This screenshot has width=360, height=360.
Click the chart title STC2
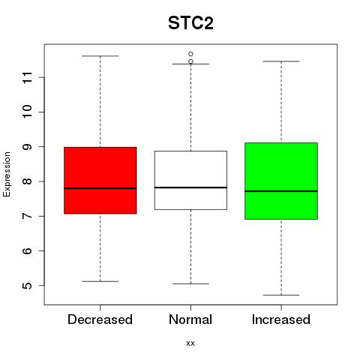tap(190, 23)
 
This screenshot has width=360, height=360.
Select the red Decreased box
tap(100, 180)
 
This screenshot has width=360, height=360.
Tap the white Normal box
tap(190, 180)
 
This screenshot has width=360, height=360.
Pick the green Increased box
tap(281, 181)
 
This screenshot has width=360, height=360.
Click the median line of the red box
tap(100, 188)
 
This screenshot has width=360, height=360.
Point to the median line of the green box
tap(281, 191)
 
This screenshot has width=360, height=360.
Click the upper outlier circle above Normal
tap(190, 54)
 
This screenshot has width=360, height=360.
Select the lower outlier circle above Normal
tap(190, 61)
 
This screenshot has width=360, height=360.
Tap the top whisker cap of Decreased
tap(100, 56)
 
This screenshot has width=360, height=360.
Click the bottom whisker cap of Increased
tap(281, 295)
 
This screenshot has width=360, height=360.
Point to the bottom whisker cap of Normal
tap(190, 283)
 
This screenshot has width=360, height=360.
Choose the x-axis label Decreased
tap(100, 319)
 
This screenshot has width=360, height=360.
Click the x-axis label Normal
tap(190, 319)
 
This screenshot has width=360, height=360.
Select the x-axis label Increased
tap(281, 319)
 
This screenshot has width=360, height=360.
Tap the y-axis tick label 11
tap(28, 77)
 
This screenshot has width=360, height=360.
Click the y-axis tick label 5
tap(28, 286)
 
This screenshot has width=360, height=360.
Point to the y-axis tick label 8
tap(28, 181)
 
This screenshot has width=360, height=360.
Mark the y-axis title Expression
tap(7, 175)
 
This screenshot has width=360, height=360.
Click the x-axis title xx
tap(190, 343)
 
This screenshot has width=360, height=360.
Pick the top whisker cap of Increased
tap(281, 61)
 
